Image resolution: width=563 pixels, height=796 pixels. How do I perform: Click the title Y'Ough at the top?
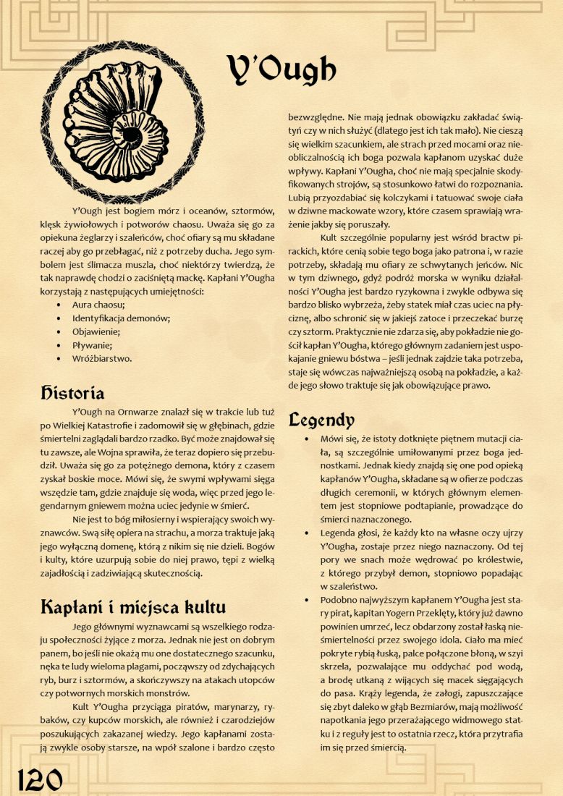281,69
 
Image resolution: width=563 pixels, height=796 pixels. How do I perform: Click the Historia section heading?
72,393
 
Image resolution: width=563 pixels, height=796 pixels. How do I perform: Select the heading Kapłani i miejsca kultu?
132,606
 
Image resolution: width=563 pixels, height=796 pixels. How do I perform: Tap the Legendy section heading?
321,419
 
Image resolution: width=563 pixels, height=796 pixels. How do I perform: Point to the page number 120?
40,779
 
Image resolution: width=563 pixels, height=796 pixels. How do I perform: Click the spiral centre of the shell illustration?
132,135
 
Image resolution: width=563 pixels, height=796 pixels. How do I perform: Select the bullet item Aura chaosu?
98,305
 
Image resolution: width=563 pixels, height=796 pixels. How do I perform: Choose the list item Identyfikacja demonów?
121,318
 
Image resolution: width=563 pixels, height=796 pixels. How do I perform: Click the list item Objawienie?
96,331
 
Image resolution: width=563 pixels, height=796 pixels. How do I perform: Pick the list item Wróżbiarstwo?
102,357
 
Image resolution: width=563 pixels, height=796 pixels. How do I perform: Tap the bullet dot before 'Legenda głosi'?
309,533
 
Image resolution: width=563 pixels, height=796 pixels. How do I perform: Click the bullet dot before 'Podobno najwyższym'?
309,600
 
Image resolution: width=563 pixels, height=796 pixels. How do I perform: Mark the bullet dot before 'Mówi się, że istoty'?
309,439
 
